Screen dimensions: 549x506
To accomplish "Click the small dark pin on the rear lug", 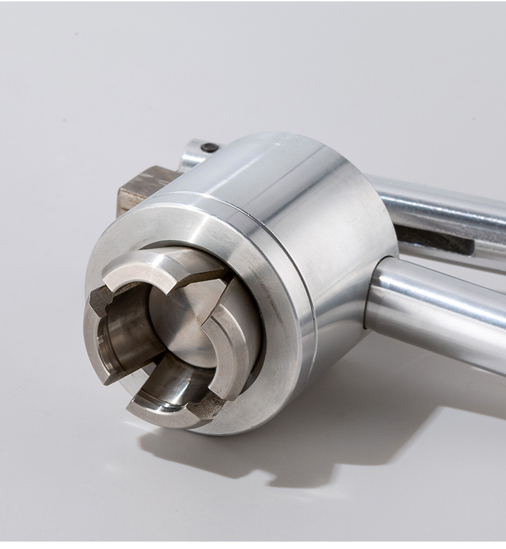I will [x=210, y=147].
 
